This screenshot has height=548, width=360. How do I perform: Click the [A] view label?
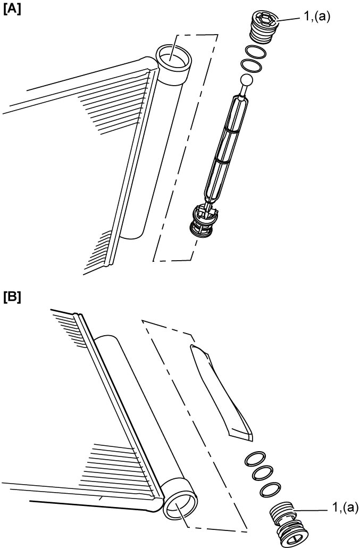tap(12, 10)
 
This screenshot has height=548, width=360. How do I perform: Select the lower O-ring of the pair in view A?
tap(250, 66)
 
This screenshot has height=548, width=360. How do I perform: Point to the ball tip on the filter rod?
tap(247, 81)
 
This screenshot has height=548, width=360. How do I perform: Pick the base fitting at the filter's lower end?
tap(204, 221)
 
